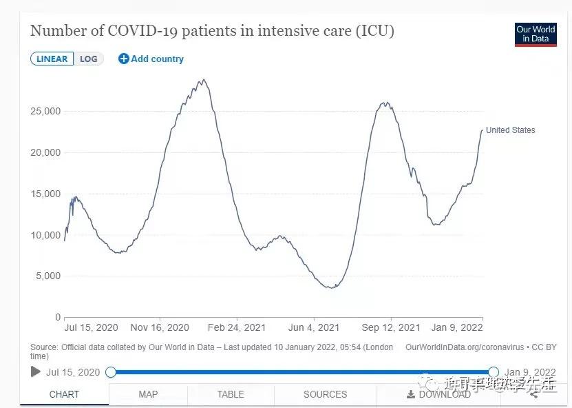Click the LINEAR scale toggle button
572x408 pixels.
[52, 59]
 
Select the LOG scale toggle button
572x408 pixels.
[89, 59]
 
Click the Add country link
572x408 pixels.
[151, 59]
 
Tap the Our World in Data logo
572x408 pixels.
[536, 34]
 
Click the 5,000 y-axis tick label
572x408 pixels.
[49, 276]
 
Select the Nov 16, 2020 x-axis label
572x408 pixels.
[160, 327]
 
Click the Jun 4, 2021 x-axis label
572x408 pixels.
[314, 327]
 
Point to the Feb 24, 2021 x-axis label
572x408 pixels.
[237, 327]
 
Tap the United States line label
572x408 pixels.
[510, 130]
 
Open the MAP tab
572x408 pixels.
[148, 394]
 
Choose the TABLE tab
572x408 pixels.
[231, 394]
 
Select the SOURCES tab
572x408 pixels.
[325, 394]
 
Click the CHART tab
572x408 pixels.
[64, 394]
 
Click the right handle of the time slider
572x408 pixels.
[494, 372]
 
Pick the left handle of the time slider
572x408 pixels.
[111, 372]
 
